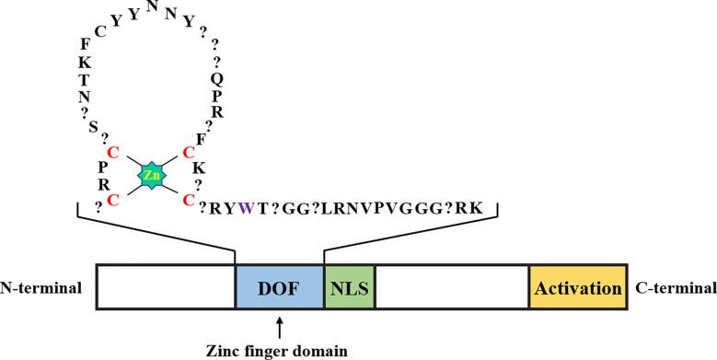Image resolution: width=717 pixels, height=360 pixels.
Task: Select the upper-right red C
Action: [x=188, y=150]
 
